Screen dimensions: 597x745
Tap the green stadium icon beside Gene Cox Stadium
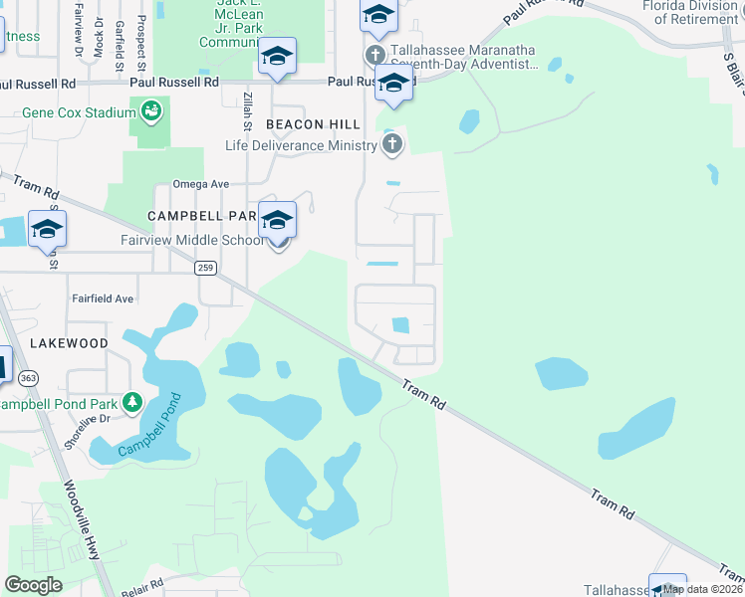click(x=151, y=110)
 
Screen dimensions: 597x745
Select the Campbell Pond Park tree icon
click(x=131, y=402)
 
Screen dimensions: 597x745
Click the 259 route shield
click(x=205, y=268)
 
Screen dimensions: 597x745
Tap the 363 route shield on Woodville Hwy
click(x=27, y=378)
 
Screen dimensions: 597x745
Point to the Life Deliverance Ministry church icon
click(x=392, y=145)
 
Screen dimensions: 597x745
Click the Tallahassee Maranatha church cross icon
click(x=374, y=54)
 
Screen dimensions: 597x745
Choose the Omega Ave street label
click(x=201, y=184)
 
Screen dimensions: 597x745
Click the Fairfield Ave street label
click(x=102, y=298)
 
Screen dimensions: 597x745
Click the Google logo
click(x=33, y=585)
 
